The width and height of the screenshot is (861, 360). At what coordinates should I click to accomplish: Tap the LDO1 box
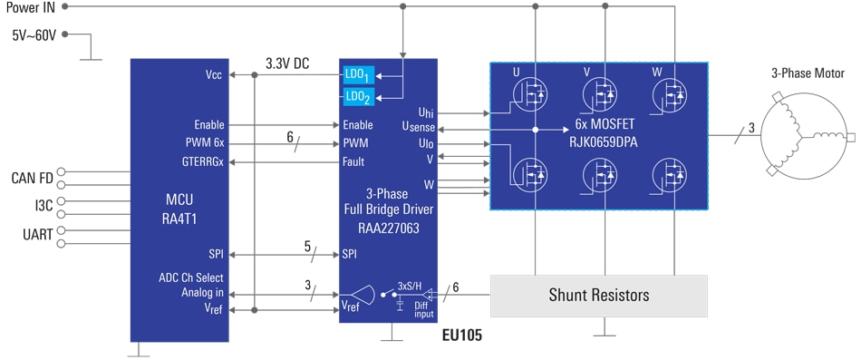pos(357,74)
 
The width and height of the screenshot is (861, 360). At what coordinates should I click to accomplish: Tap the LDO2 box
pos(357,96)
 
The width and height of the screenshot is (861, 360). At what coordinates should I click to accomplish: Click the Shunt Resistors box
pos(598,295)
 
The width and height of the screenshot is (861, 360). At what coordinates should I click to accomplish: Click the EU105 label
pos(462,336)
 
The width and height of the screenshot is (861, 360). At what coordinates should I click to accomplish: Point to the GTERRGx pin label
pos(203,161)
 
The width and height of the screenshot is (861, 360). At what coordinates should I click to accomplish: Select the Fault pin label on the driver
pos(353,161)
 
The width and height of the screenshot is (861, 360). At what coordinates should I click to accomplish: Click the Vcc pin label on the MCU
pos(214,74)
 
